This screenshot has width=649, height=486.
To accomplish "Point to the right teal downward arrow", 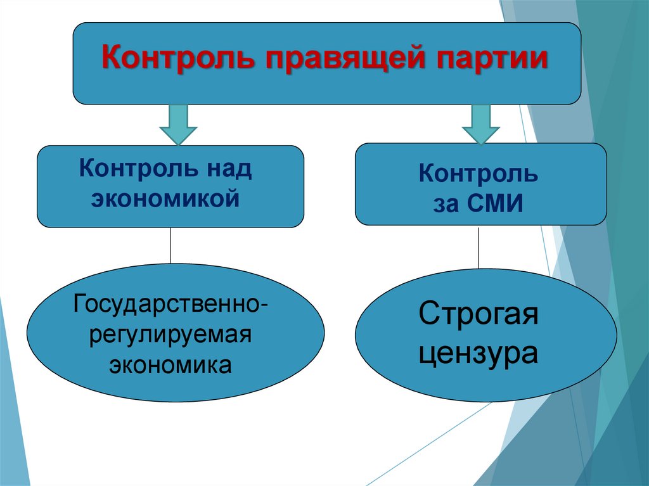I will click(x=481, y=124).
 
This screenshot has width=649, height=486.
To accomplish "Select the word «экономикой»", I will click(x=170, y=198).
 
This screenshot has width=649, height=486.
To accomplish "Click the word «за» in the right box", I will click(x=447, y=204).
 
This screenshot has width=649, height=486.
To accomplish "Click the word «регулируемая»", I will click(x=170, y=333).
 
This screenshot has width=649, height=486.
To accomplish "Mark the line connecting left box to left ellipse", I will click(x=170, y=245).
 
